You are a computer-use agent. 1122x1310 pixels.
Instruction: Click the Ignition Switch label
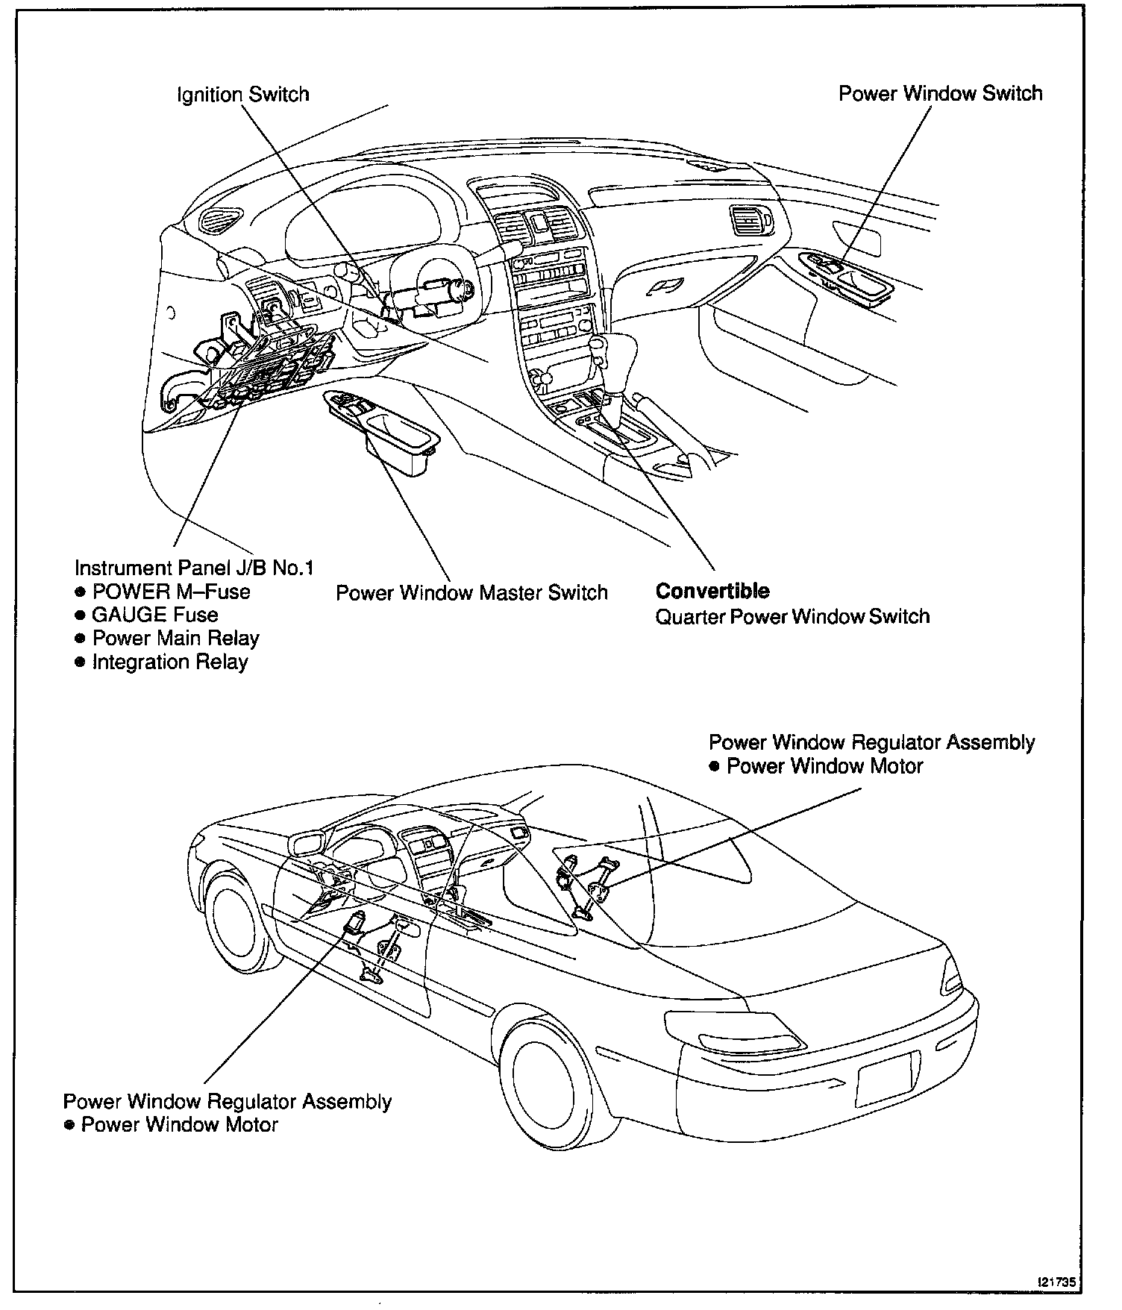(242, 95)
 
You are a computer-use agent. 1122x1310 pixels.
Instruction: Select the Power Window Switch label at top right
(940, 93)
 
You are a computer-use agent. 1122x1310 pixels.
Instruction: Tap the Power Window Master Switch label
(471, 592)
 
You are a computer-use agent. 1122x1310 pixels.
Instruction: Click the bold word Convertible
(712, 591)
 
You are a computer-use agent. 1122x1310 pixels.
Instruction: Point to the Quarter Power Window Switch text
(792, 616)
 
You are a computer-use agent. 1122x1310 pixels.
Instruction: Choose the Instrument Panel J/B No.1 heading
(194, 568)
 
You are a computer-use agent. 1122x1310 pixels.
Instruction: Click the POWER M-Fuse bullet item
(171, 592)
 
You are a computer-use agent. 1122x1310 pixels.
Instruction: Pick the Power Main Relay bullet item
(175, 639)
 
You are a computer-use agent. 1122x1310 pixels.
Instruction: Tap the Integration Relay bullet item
(169, 662)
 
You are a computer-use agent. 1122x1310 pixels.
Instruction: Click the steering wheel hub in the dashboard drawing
(440, 287)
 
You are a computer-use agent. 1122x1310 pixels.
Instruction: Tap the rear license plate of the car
(886, 1079)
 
